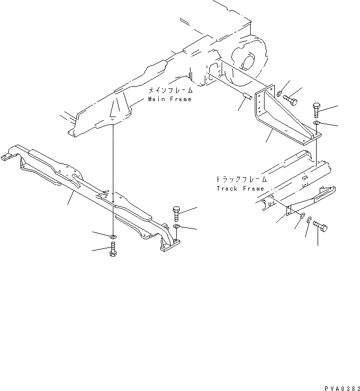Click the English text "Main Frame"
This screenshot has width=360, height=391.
pos(170,99)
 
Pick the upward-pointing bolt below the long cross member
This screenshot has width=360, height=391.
pos(113,250)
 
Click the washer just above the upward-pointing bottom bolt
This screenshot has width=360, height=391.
pos(113,236)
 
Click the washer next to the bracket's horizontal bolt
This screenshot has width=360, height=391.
pos(280,94)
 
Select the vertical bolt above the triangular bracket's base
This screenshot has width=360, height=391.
pos(316,110)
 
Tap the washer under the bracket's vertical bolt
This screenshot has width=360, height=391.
pos(317,123)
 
